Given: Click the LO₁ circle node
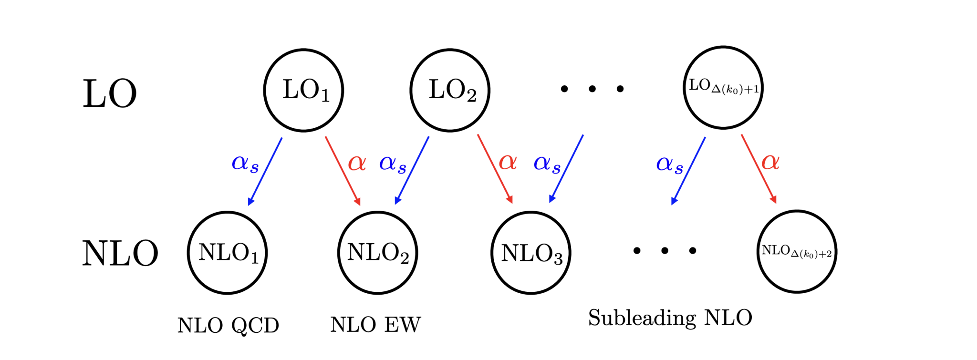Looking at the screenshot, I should pyautogui.click(x=304, y=90).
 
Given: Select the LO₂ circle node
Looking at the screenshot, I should pyautogui.click(x=450, y=90).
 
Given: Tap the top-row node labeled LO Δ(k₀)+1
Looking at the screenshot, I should pyautogui.click(x=723, y=88).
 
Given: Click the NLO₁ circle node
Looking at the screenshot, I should pyautogui.click(x=228, y=253).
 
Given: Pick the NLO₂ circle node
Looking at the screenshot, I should pyautogui.click(x=378, y=253).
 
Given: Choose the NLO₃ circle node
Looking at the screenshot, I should pyautogui.click(x=531, y=253).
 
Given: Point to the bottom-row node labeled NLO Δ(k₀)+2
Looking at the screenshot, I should pyautogui.click(x=797, y=252).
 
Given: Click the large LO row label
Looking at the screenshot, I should pyautogui.click(x=110, y=94).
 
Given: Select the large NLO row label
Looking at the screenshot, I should pyautogui.click(x=120, y=253).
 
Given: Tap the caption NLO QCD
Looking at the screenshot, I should pyautogui.click(x=228, y=326).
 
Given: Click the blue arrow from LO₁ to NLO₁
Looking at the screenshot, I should pyautogui.click(x=265, y=171).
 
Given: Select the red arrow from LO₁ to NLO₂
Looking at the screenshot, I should pyautogui.click(x=343, y=171).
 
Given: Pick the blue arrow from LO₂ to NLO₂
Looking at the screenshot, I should pyautogui.click(x=412, y=170).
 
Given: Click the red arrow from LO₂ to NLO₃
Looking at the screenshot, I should pyautogui.click(x=495, y=169).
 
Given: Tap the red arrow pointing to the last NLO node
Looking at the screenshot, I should pyautogui.click(x=759, y=169).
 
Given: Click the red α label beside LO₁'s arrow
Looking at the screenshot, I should pyautogui.click(x=357, y=163).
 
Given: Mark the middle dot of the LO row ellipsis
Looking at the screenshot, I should pyautogui.click(x=592, y=89).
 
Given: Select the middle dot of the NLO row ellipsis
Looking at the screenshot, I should pyautogui.click(x=665, y=250).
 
